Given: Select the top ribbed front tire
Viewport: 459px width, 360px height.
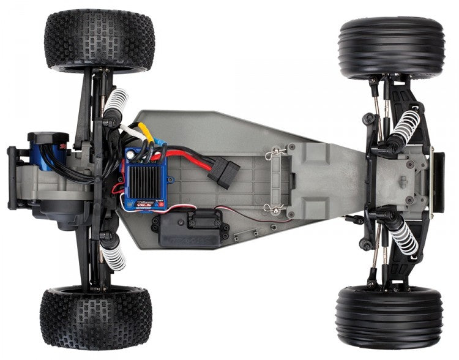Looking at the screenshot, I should (x=391, y=48).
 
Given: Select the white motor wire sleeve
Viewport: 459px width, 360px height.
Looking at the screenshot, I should (x=130, y=129).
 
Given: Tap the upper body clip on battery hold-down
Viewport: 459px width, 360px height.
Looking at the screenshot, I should (x=275, y=154).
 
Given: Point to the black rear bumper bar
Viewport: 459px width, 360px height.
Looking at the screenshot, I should (x=12, y=178).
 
